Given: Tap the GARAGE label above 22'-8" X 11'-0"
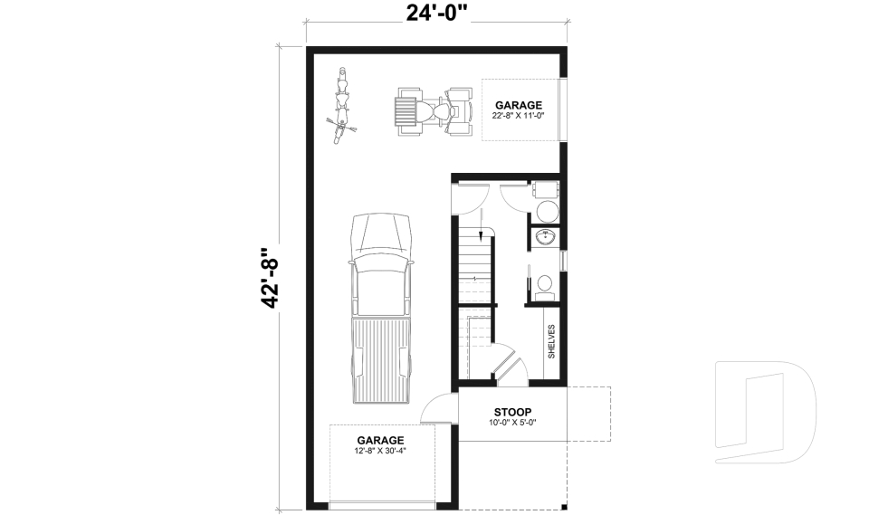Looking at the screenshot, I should click(518, 105).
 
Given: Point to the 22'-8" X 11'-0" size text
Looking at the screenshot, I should click(518, 117).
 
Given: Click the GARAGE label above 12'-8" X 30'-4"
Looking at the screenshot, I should click(380, 440).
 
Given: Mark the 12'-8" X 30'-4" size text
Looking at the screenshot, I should click(380, 451).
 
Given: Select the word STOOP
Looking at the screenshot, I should click(512, 412).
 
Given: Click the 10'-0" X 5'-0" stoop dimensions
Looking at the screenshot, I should click(512, 423).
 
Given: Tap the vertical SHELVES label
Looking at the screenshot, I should click(551, 341).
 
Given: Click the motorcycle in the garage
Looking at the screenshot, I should click(343, 106).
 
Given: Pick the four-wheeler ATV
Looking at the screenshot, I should click(434, 112).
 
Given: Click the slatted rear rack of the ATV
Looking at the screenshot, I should click(404, 112).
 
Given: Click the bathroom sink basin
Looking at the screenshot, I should click(546, 237).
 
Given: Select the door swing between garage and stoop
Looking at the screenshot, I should click(440, 408).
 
